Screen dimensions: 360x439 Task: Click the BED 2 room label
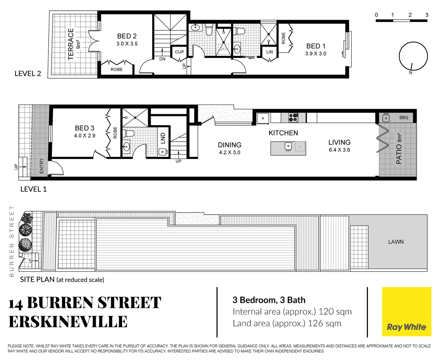[x=127, y=36]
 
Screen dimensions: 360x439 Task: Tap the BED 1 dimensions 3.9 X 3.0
[x=316, y=54]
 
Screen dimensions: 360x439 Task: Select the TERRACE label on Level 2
[x=71, y=44]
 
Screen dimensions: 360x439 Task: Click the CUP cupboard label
[x=179, y=52]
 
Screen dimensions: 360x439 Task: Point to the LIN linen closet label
[x=270, y=52]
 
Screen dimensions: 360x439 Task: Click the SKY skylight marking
[x=223, y=49]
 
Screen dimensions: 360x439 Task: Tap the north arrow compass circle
[x=413, y=56]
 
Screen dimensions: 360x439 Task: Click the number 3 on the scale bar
[x=427, y=15]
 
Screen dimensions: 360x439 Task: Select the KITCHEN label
[x=283, y=133]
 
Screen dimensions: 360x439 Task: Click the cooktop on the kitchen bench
[x=293, y=117]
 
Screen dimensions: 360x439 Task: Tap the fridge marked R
[x=263, y=118]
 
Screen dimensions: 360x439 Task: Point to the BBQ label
[x=404, y=118]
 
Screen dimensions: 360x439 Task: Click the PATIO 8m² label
[x=399, y=148]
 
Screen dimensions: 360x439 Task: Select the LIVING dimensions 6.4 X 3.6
[x=339, y=150]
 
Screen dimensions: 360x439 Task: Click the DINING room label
[x=230, y=145]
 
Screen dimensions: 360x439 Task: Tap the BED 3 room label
[x=84, y=128]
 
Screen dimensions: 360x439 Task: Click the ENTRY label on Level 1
[x=42, y=166]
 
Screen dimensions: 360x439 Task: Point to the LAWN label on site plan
[x=396, y=242]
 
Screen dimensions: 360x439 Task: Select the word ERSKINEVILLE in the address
[x=68, y=322]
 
